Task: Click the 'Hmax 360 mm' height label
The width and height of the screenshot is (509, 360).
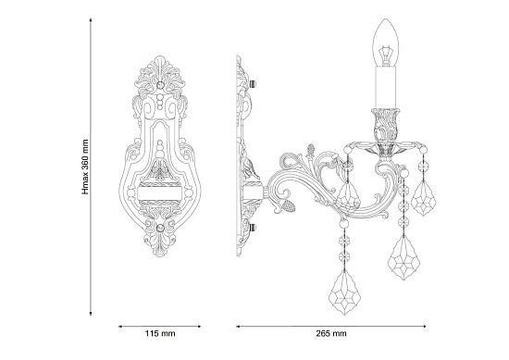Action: click(85, 167)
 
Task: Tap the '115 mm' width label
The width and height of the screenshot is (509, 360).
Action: click(160, 333)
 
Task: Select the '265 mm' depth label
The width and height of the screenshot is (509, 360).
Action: click(331, 333)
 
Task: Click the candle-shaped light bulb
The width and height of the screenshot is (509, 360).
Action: click(386, 43)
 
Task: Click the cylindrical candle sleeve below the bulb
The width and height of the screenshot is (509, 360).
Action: click(386, 87)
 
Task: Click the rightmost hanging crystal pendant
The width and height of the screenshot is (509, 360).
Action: click(424, 198)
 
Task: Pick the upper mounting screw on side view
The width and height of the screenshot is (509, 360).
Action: click(253, 84)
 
